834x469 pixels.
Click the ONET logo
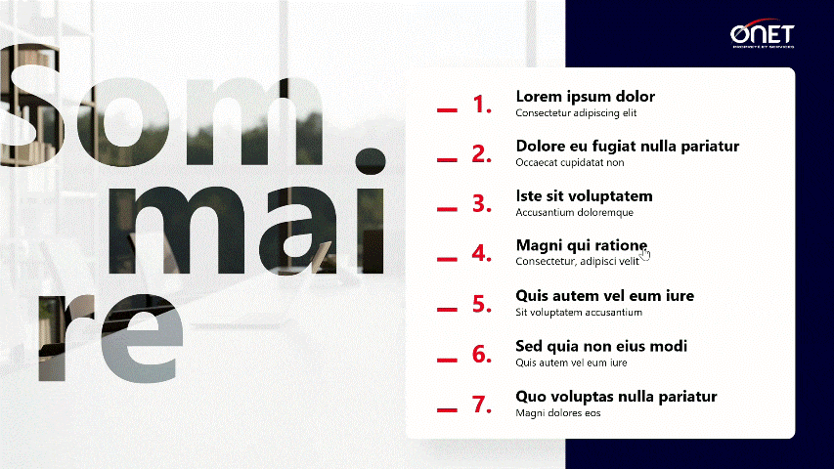[763, 35]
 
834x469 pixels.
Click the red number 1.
[481, 105]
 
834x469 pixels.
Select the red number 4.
[481, 254]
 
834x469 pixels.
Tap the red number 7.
[481, 405]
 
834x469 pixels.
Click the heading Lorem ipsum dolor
[585, 97]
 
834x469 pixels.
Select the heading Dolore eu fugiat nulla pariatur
[627, 147]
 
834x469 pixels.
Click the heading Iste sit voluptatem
[584, 196]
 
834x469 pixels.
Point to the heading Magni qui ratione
[581, 246]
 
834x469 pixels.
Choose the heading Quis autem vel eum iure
[604, 296]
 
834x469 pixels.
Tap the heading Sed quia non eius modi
[601, 347]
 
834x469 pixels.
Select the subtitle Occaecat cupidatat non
[569, 162]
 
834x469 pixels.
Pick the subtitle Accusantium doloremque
[574, 212]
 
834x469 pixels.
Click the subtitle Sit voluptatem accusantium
[578, 313]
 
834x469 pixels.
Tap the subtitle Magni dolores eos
[557, 412]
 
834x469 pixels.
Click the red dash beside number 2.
[447, 159]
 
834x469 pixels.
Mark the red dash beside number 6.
[447, 360]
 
